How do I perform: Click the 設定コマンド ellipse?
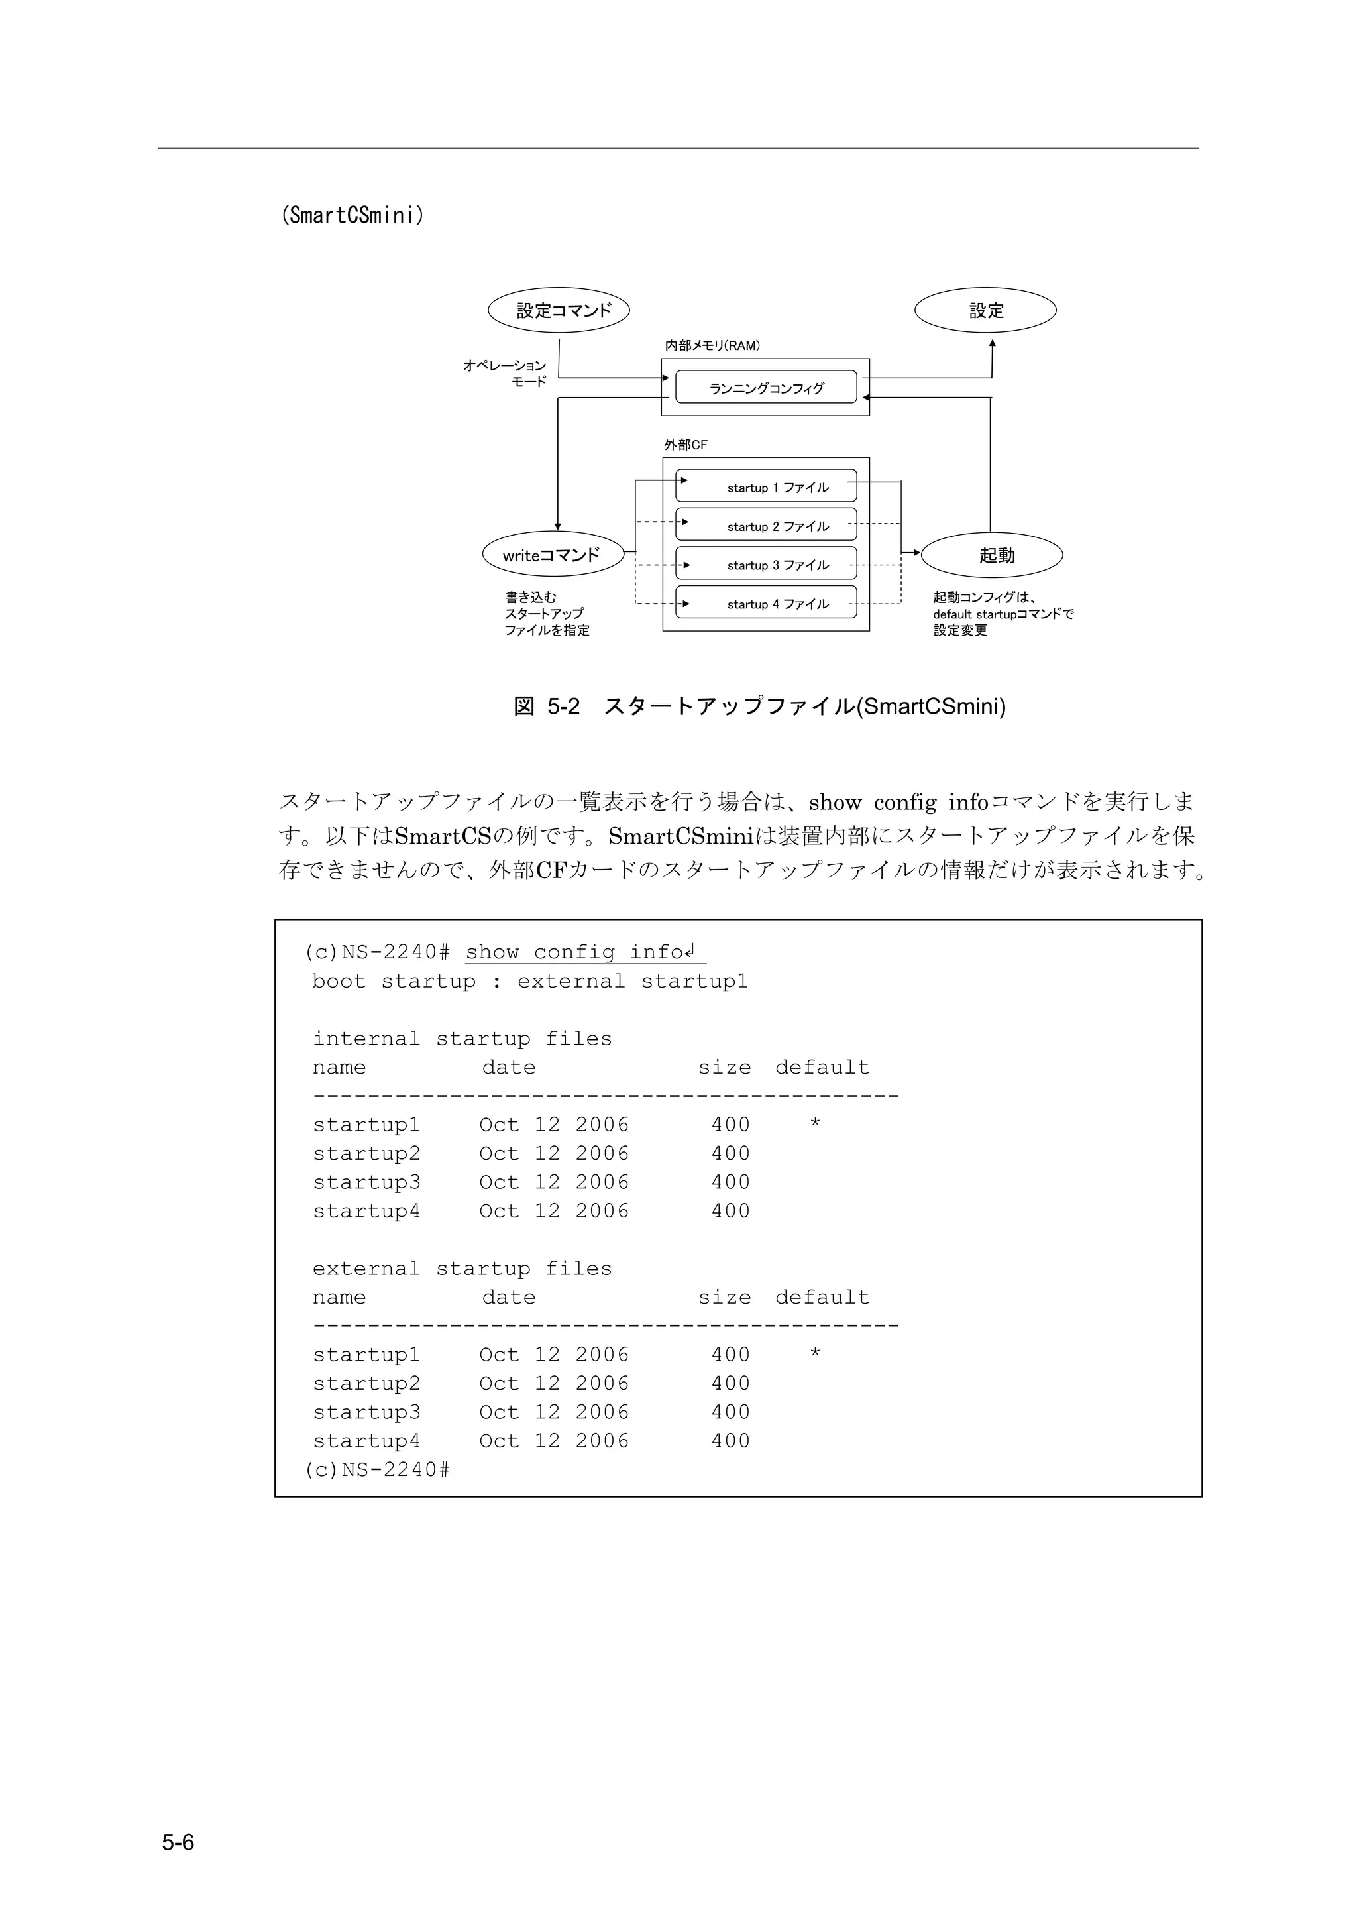tap(559, 310)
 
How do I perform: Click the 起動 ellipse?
tap(992, 555)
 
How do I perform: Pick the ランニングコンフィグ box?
tap(766, 387)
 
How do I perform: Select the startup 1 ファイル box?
tap(766, 486)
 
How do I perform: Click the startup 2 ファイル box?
tap(766, 525)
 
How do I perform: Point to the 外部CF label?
tap(686, 445)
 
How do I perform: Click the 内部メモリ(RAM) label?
tap(712, 345)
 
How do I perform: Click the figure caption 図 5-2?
tap(759, 706)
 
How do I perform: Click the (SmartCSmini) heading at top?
tap(352, 216)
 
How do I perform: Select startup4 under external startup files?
tap(366, 1441)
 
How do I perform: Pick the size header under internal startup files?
tap(724, 1067)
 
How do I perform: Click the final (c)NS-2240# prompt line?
tap(377, 1469)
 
